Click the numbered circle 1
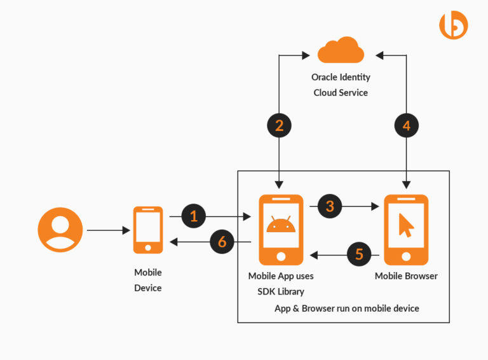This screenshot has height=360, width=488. [x=194, y=217]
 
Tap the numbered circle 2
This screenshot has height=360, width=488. [x=279, y=125]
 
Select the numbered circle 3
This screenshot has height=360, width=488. [x=330, y=206]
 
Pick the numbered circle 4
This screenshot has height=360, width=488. [x=407, y=125]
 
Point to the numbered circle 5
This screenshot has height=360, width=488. [x=360, y=255]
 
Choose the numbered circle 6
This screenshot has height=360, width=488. [x=222, y=242]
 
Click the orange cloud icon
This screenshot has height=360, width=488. [x=341, y=51]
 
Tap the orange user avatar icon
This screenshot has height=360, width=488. [x=60, y=230]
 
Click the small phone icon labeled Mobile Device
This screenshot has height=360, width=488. [x=148, y=230]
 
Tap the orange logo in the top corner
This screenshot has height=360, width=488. [x=453, y=25]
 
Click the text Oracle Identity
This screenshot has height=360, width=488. [x=341, y=77]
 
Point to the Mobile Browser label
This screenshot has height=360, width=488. [x=406, y=276]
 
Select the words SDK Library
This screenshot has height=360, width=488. [x=280, y=291]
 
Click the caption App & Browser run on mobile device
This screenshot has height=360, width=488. [x=346, y=308]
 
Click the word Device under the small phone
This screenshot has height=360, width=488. [x=148, y=287]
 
